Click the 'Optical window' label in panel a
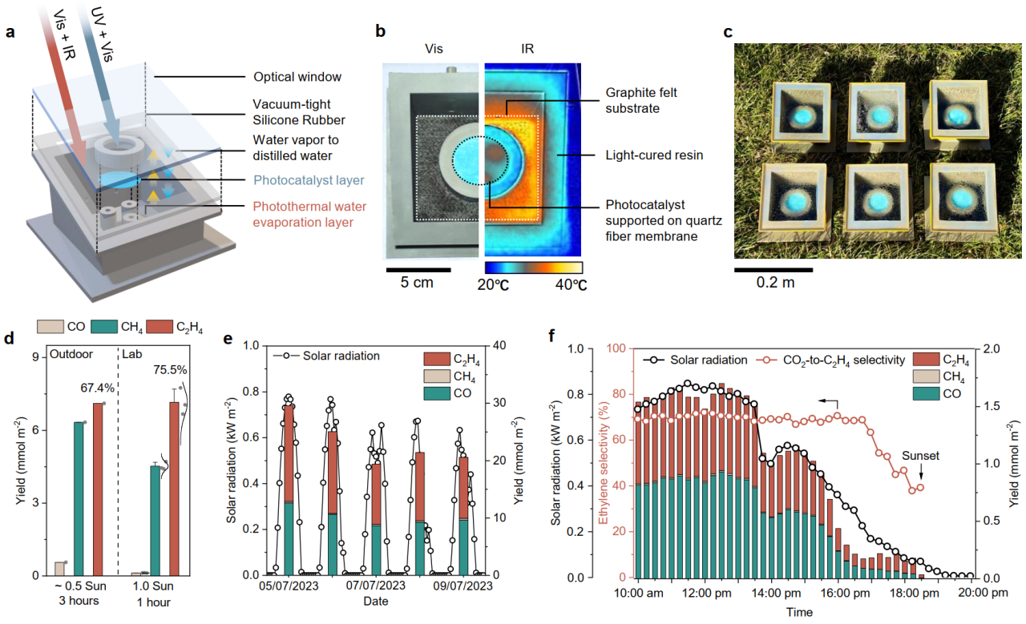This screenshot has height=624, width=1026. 297,78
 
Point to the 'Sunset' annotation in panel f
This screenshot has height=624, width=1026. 919,456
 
